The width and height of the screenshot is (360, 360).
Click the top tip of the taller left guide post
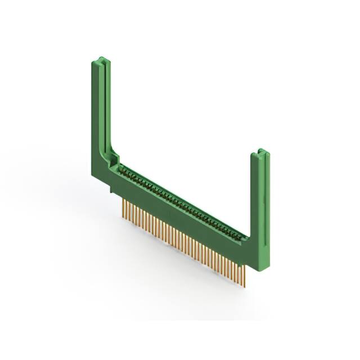click(100, 59)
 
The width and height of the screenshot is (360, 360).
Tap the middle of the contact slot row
click(183, 202)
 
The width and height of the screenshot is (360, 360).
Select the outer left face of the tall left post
click(94, 112)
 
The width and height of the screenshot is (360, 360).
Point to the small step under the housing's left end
click(112, 192)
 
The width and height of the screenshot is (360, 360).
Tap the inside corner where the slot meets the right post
click(249, 239)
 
